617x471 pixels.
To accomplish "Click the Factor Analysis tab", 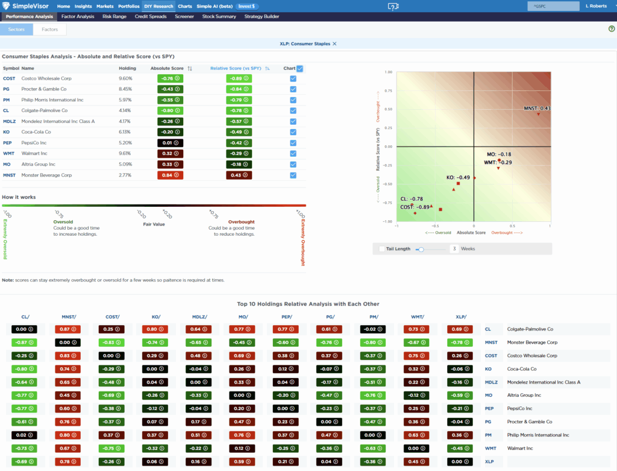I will point(78,16).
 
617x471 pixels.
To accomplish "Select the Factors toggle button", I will point(50,29).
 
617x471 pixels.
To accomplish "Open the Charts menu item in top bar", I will point(185,6).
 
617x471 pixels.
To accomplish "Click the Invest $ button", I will point(246,6).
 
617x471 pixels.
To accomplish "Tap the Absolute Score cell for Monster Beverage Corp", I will point(169,175).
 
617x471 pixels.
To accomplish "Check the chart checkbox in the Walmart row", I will point(293,154).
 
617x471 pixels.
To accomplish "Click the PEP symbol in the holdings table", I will point(8,143).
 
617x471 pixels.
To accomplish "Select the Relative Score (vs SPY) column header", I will point(236,69).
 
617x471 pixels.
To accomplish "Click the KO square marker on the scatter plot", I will point(459,183).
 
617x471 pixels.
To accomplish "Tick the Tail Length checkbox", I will point(382,248).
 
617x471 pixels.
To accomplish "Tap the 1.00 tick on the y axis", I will point(389,72).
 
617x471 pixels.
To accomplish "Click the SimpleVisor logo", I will point(27,6).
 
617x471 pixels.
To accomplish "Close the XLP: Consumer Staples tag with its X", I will point(334,44).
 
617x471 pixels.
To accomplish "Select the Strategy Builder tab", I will point(262,16).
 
